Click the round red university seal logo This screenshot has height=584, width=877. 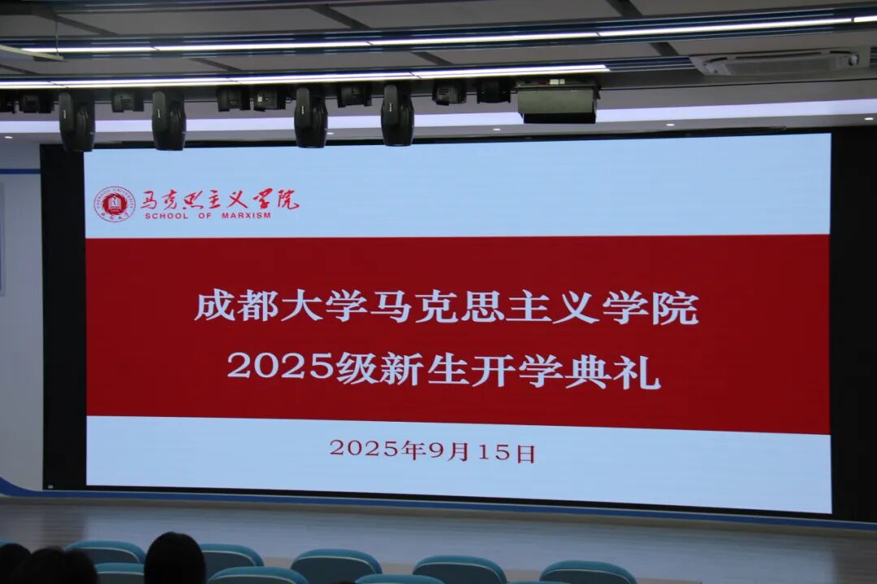114,204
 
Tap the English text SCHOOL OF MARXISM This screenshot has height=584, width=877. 208,217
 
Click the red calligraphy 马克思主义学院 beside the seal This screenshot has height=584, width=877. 219,200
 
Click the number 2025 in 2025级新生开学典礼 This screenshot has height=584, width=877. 280,367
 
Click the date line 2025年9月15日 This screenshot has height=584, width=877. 432,450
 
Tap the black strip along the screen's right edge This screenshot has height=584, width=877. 853,324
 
